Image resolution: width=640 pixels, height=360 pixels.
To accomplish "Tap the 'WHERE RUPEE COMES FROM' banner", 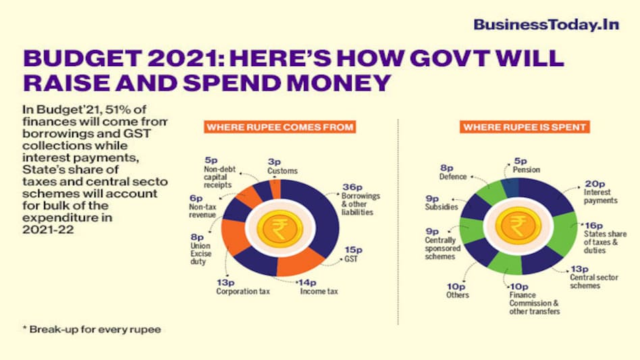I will (280, 126).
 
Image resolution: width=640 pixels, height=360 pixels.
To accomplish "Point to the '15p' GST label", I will (352, 249).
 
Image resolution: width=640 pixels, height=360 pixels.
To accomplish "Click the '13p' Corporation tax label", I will (225, 282).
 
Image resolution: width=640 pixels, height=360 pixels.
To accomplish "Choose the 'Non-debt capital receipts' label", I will (219, 178).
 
